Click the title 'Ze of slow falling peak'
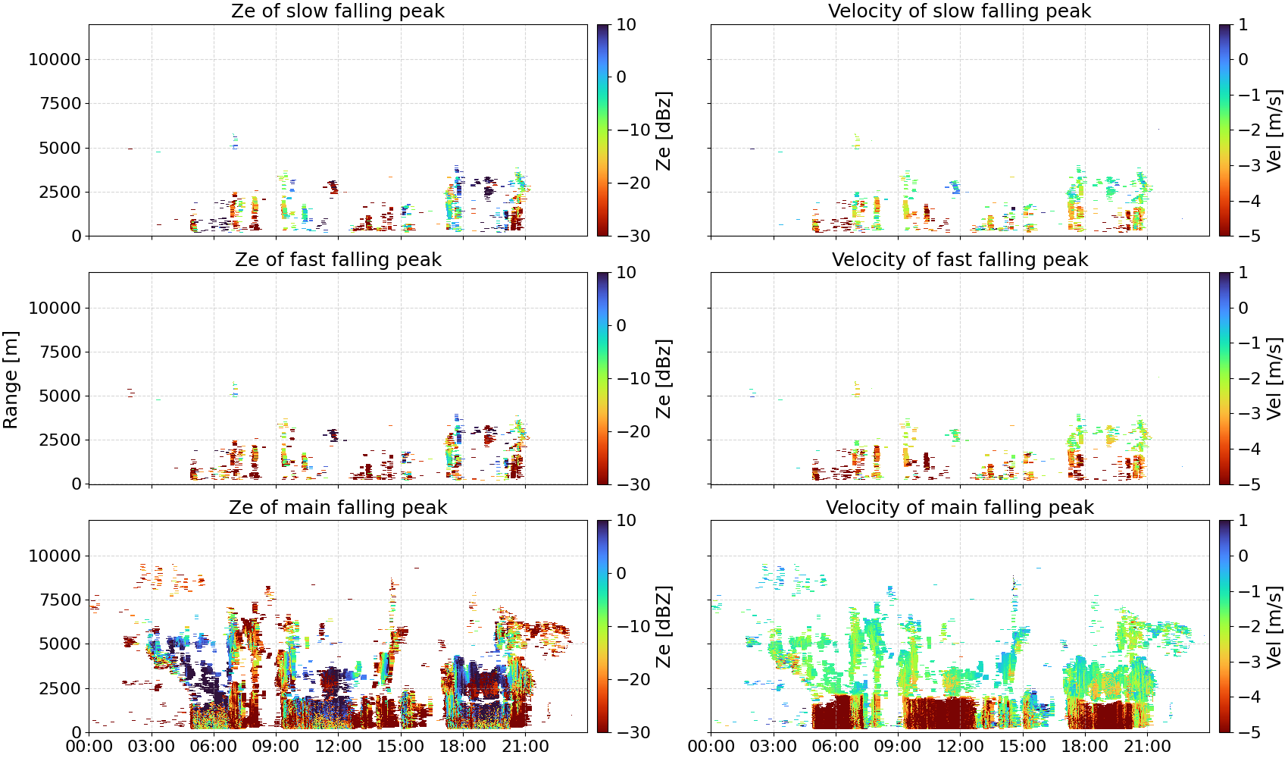(x=338, y=11)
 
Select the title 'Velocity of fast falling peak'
(x=960, y=259)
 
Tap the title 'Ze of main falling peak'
(x=338, y=507)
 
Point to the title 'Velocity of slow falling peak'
(x=960, y=11)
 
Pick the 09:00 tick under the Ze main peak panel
(x=276, y=747)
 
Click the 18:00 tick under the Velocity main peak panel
(x=1085, y=747)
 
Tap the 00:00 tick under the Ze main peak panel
(x=89, y=747)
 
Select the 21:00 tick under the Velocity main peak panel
(x=1148, y=747)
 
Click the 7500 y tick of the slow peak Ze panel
(x=61, y=104)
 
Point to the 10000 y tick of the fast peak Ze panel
(x=55, y=308)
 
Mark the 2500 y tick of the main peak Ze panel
(x=61, y=688)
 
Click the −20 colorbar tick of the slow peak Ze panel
(x=633, y=183)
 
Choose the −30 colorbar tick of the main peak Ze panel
(x=633, y=732)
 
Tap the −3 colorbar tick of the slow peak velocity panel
(x=1249, y=165)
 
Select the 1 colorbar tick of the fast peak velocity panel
(x=1243, y=273)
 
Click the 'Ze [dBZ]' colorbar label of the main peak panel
(x=663, y=627)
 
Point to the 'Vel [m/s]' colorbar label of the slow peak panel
(x=1274, y=130)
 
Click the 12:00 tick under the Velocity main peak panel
(x=960, y=747)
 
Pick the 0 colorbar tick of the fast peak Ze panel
(x=621, y=325)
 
